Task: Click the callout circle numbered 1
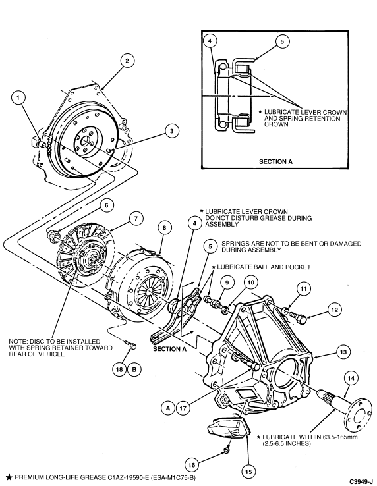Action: click(18, 98)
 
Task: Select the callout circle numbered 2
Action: click(127, 61)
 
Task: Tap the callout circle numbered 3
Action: click(171, 131)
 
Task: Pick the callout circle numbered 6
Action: click(107, 205)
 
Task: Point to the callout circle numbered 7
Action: click(136, 219)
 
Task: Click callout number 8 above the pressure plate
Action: click(165, 228)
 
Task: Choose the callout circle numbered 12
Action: click(335, 310)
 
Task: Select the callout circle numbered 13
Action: click(343, 352)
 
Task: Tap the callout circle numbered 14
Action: click(351, 378)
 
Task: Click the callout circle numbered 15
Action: click(248, 472)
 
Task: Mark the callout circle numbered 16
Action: click(192, 465)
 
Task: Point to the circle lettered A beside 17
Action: click(168, 408)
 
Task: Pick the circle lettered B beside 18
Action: click(134, 369)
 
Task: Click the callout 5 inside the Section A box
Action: click(282, 41)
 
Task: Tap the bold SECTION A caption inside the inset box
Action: click(275, 161)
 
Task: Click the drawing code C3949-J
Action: click(361, 481)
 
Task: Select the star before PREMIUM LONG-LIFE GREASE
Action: click(9, 477)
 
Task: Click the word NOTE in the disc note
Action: click(18, 341)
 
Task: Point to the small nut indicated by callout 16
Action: click(227, 449)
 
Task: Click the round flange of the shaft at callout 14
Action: click(360, 416)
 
